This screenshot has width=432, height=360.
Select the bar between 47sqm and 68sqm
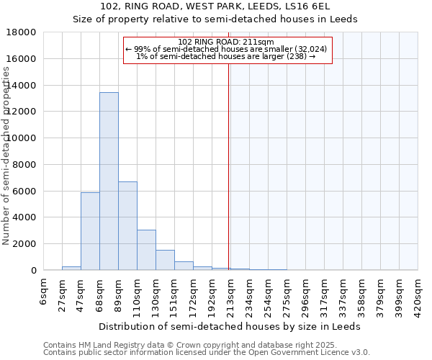pos(90,231)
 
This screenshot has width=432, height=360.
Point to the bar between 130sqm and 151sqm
pos(165,260)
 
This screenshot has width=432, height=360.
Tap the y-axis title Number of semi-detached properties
pos(6,155)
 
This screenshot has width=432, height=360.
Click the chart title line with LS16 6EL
pos(216,6)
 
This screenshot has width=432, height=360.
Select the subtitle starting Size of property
pos(216,19)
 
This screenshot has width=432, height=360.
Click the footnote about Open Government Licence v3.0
pos(207,353)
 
